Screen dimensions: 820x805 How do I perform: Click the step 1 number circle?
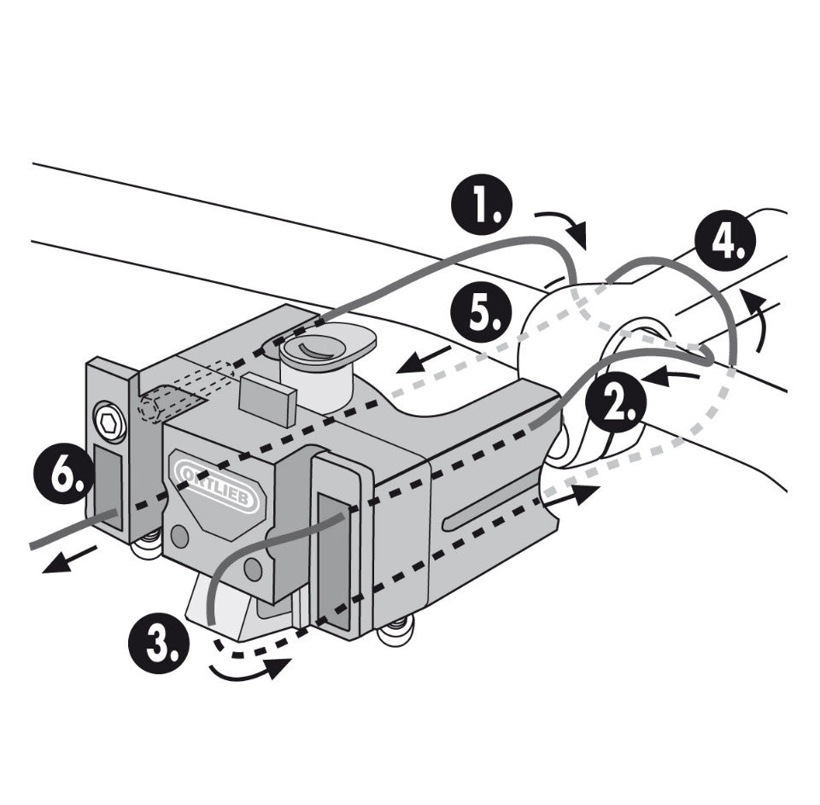tap(482, 205)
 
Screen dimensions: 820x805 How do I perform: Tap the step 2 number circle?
tap(616, 403)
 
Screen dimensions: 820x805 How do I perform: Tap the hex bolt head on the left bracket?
tap(108, 422)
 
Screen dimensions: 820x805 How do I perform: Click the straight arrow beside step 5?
tap(424, 360)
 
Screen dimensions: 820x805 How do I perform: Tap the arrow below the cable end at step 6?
tap(69, 559)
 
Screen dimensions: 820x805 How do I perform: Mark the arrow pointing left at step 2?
tap(671, 375)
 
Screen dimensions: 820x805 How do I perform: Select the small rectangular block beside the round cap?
tap(267, 397)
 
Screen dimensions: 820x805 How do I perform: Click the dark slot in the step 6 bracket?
tap(108, 487)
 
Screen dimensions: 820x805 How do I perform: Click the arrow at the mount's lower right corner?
tap(572, 494)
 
